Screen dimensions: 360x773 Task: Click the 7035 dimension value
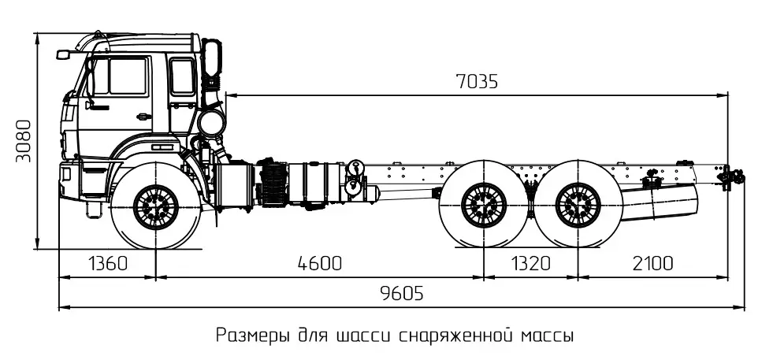pyautogui.click(x=477, y=82)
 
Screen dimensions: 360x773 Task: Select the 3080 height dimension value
pyautogui.click(x=24, y=141)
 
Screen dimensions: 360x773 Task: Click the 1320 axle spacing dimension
pyautogui.click(x=530, y=263)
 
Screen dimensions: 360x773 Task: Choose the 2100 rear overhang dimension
pyautogui.click(x=652, y=263)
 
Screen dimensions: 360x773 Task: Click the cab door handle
pyautogui.click(x=143, y=117)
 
